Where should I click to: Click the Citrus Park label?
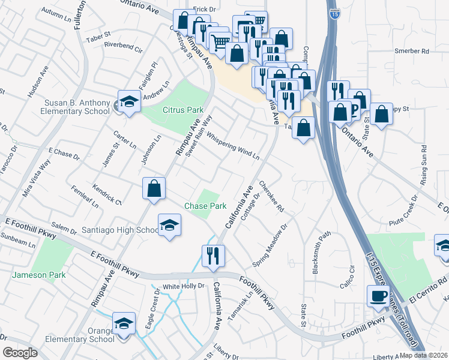click(x=183, y=110)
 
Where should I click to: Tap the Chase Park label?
click(x=205, y=206)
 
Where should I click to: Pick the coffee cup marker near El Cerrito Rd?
click(x=378, y=296)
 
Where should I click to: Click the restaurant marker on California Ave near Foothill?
click(x=214, y=256)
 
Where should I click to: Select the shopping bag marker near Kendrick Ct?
click(x=154, y=188)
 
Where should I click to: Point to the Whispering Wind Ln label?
click(x=233, y=145)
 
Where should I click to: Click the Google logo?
click(x=20, y=353)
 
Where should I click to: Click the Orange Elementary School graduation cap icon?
click(x=123, y=324)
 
